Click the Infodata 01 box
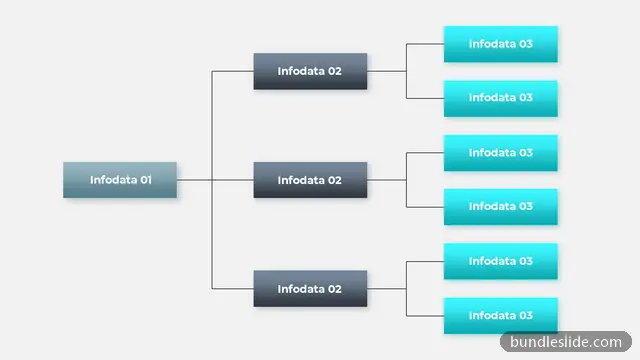[x=120, y=180]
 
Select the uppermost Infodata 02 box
[x=310, y=71]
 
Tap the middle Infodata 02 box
[x=310, y=180]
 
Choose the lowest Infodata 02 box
[x=310, y=289]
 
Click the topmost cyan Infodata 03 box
[x=501, y=44]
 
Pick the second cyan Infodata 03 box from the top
[x=501, y=98]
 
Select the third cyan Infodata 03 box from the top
[x=501, y=153]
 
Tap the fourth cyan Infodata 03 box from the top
[x=501, y=207]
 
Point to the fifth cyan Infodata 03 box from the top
[x=501, y=261]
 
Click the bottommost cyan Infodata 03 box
[x=501, y=316]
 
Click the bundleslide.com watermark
[x=566, y=342]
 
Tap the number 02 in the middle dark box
[x=334, y=180]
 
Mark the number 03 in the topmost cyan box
[x=525, y=44]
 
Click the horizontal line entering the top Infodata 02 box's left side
[x=233, y=71]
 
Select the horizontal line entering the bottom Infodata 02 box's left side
[x=233, y=289]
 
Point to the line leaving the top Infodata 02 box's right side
[x=387, y=71]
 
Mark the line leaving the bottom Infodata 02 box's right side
[x=387, y=289]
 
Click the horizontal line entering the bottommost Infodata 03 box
[x=425, y=316]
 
